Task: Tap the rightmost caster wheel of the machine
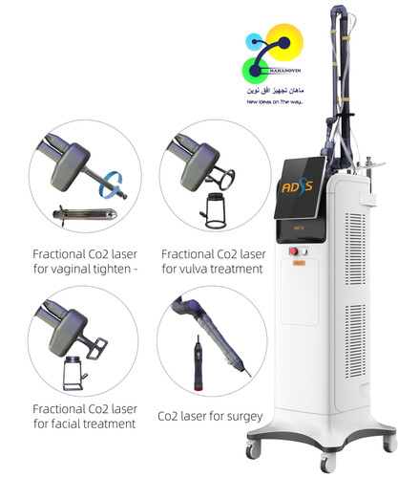click(x=385, y=452)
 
